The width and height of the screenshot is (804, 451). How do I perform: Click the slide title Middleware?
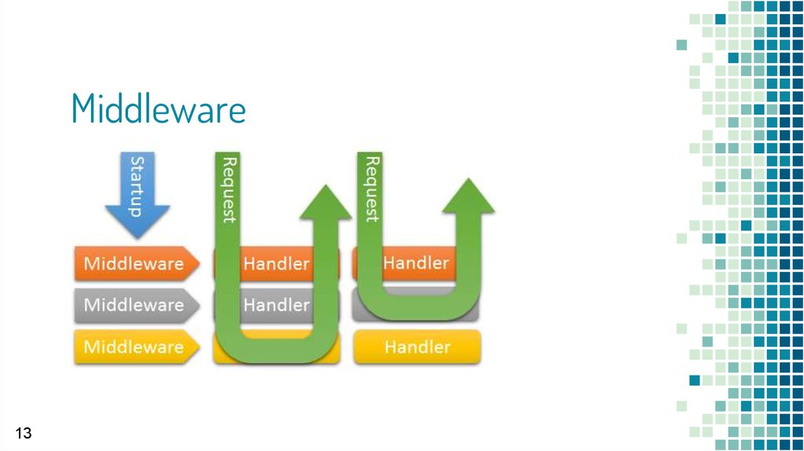(x=159, y=108)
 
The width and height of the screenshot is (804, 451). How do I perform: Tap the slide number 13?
(x=24, y=433)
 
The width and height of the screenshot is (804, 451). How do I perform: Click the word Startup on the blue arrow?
(x=137, y=186)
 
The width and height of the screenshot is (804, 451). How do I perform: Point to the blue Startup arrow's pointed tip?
(x=137, y=238)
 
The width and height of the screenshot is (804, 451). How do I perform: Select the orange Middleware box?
(x=137, y=263)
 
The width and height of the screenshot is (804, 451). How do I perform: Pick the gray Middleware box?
(x=137, y=306)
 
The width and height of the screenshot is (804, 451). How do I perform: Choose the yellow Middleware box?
(x=137, y=346)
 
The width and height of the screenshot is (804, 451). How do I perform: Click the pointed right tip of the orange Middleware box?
(x=199, y=263)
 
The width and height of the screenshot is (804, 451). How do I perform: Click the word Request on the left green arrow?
(x=228, y=190)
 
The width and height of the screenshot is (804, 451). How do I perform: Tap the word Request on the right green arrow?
(x=371, y=189)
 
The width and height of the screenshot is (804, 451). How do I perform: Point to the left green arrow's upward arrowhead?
(x=325, y=202)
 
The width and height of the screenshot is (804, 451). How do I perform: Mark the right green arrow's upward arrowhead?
(x=468, y=196)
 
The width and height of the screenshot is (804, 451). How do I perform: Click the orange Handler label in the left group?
(x=276, y=263)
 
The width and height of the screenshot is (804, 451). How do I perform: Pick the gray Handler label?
(x=276, y=305)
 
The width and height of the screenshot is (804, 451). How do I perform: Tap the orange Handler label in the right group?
(x=416, y=262)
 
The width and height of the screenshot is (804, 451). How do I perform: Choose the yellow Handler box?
(x=417, y=347)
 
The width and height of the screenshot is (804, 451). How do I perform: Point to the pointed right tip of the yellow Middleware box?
(x=199, y=346)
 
